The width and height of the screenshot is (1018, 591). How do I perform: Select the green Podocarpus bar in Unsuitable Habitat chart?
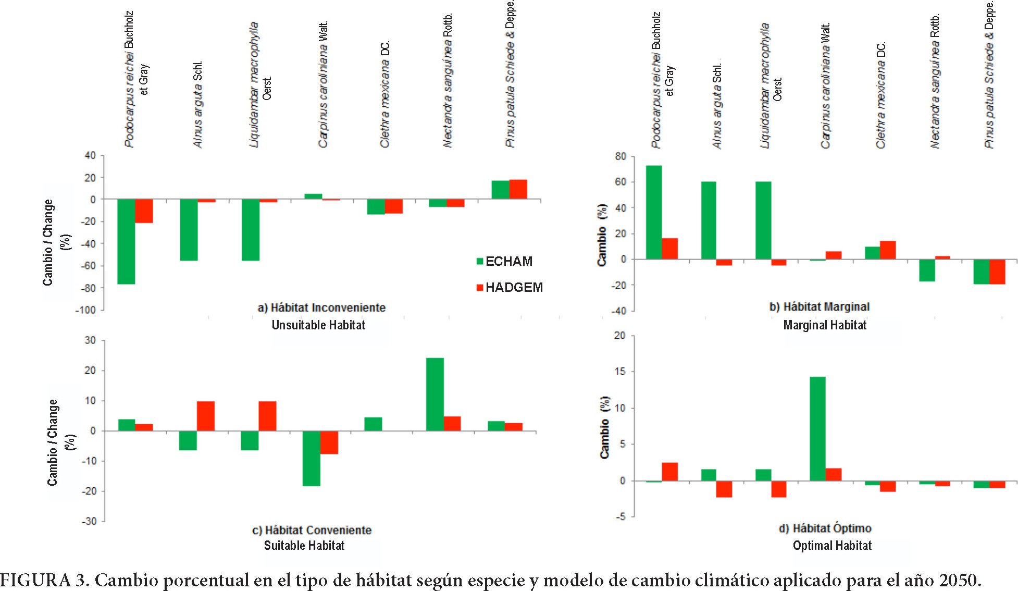pos(126,241)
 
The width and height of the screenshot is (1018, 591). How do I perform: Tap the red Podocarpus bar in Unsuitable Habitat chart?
pos(144,211)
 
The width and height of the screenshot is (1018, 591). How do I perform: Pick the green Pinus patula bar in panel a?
pos(500,190)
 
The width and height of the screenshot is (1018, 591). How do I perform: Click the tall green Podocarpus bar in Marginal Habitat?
pos(654,212)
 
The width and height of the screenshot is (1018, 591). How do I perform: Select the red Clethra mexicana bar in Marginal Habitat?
pos(888,250)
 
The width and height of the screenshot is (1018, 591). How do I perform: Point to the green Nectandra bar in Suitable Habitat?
pos(435,394)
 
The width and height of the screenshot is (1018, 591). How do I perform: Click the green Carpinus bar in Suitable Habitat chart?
pos(312,458)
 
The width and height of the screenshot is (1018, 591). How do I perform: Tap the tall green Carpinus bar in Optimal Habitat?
pos(817,428)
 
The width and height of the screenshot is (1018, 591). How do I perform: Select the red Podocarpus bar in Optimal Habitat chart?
pos(670,472)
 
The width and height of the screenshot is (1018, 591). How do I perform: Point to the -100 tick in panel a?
pos(85,310)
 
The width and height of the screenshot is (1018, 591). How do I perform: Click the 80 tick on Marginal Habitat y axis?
pos(620,156)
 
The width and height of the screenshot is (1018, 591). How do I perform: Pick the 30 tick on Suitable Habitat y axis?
pos(90,340)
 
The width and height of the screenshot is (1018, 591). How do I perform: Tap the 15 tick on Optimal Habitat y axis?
pos(619,372)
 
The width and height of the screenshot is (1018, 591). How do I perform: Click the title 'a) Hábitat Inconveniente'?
pos(321,307)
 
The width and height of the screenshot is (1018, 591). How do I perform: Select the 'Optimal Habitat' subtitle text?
pos(832,546)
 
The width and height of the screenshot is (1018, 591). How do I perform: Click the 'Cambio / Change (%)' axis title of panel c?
pos(60,442)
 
